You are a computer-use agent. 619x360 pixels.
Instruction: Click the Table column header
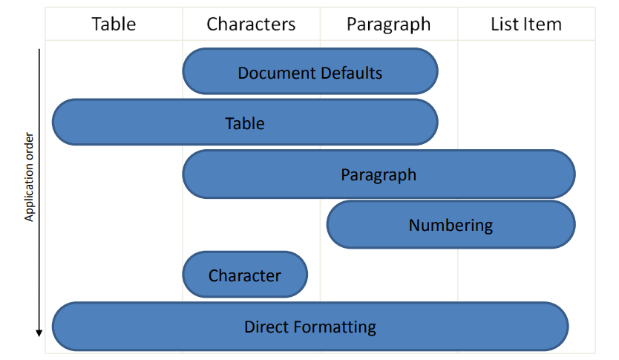[114, 24]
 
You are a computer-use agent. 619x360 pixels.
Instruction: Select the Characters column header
[251, 24]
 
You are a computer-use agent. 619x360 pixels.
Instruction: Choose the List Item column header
[526, 24]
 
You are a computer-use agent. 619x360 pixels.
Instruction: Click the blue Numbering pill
[451, 225]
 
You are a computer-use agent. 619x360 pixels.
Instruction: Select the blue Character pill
[245, 275]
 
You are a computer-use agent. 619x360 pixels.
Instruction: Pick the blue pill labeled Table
[245, 122]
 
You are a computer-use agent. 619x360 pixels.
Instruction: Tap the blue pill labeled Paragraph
[379, 174]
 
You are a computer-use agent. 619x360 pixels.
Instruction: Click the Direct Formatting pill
[310, 327]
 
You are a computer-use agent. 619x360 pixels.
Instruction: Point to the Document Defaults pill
[310, 71]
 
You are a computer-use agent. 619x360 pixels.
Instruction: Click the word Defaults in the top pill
[351, 73]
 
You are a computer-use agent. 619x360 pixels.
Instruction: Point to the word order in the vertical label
[29, 146]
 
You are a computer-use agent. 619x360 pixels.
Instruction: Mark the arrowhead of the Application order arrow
[39, 333]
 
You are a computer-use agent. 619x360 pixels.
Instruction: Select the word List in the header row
[505, 24]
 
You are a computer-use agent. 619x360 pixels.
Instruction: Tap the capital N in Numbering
[414, 225]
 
